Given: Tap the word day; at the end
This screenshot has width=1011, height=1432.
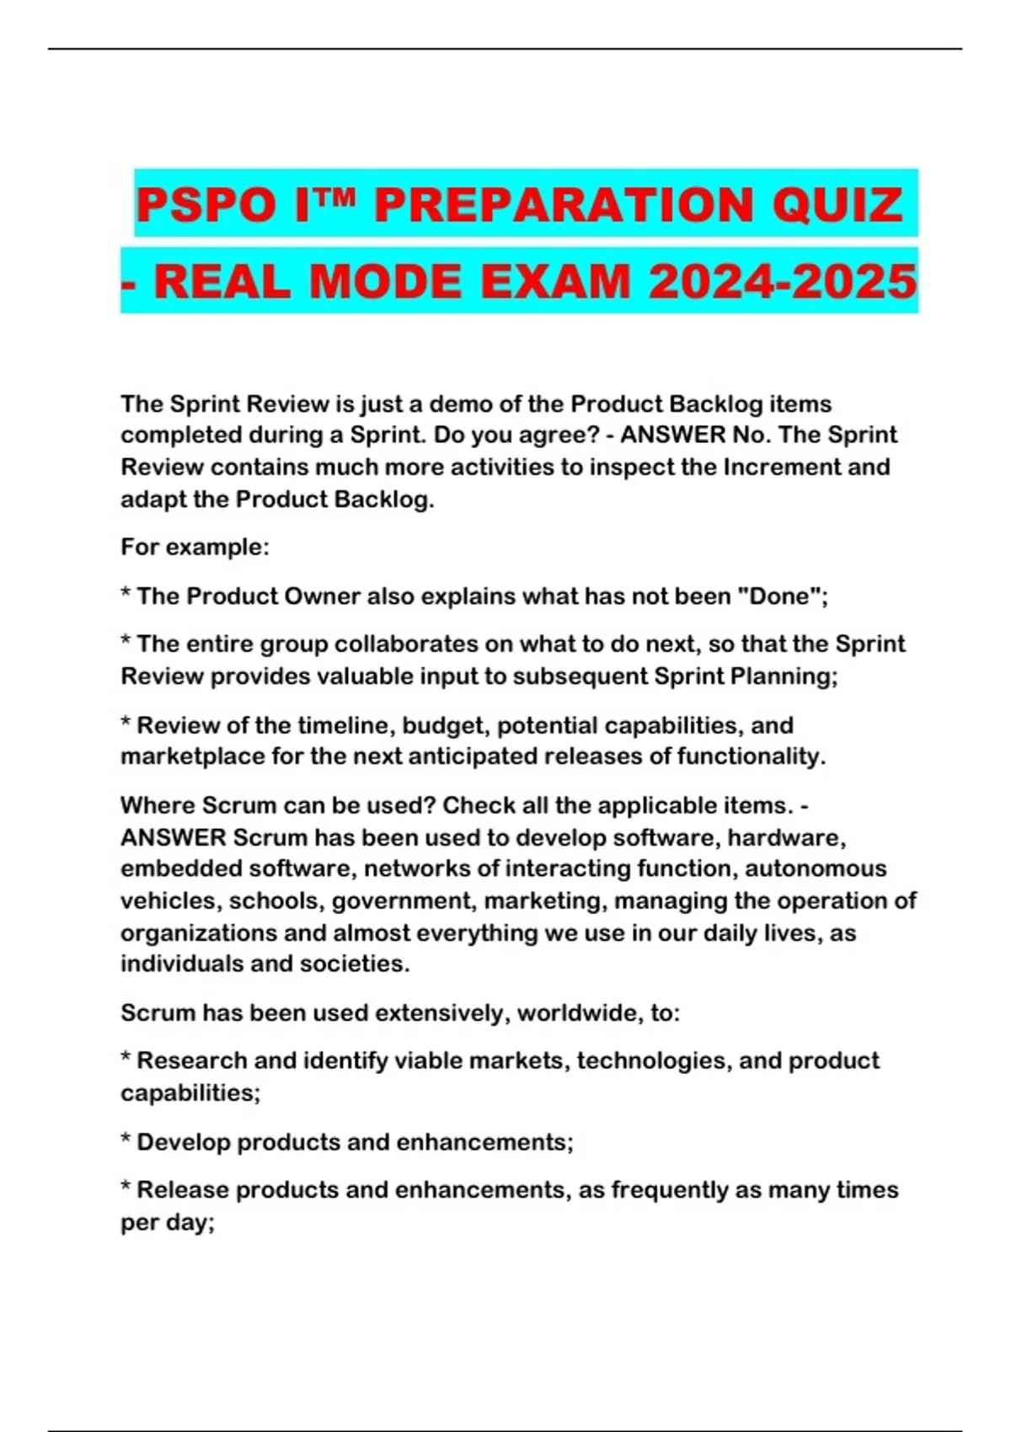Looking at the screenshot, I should click(x=190, y=1222).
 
